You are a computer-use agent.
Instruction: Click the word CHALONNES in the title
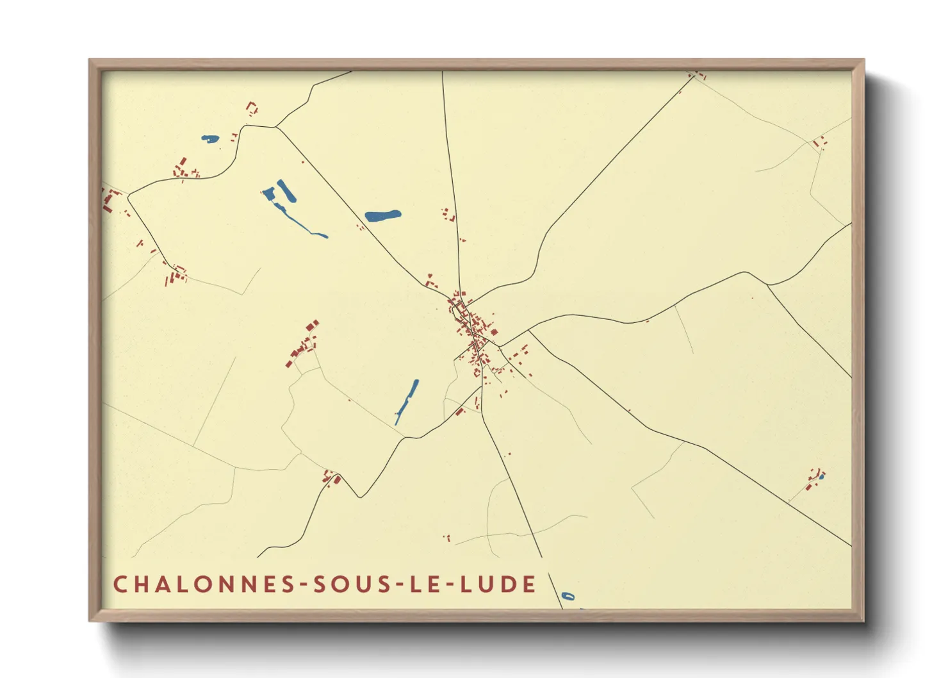coord(204,584)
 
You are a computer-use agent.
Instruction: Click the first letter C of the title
coord(120,584)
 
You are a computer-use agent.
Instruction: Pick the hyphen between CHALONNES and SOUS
coord(301,585)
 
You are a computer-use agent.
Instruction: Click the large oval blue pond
coord(382,216)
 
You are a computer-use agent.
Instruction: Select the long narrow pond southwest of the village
coord(407,401)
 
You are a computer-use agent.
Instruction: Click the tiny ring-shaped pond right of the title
coord(568,597)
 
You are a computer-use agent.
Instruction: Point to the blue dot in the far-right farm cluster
coord(821,477)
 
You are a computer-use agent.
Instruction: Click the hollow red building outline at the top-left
coord(252,108)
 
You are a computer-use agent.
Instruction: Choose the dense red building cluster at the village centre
coord(471,327)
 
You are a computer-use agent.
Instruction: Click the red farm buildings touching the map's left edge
coord(109,199)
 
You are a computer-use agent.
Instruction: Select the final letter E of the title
coord(529,584)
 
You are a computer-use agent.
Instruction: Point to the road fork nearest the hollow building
coord(275,127)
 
